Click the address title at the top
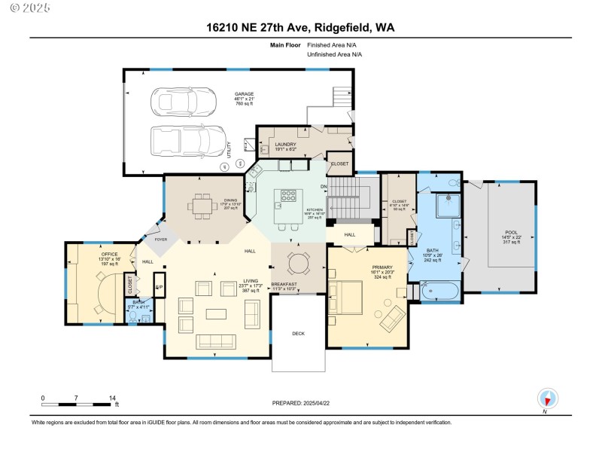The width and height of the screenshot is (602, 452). [x=300, y=28]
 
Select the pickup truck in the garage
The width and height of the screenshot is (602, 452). [x=189, y=140]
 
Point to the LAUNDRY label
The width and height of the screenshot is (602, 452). [x=285, y=144]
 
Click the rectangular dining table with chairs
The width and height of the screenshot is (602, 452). [x=202, y=205]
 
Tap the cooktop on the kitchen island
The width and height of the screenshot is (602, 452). [x=288, y=197]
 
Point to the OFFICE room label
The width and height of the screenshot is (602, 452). [x=110, y=255]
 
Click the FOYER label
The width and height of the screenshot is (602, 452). [x=160, y=240]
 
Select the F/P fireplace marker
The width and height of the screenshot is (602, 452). [x=159, y=287]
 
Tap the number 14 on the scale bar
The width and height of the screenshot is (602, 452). [x=112, y=398]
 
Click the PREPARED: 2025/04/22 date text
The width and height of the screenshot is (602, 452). [x=300, y=403]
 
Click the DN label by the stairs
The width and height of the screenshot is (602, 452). [x=325, y=186]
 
